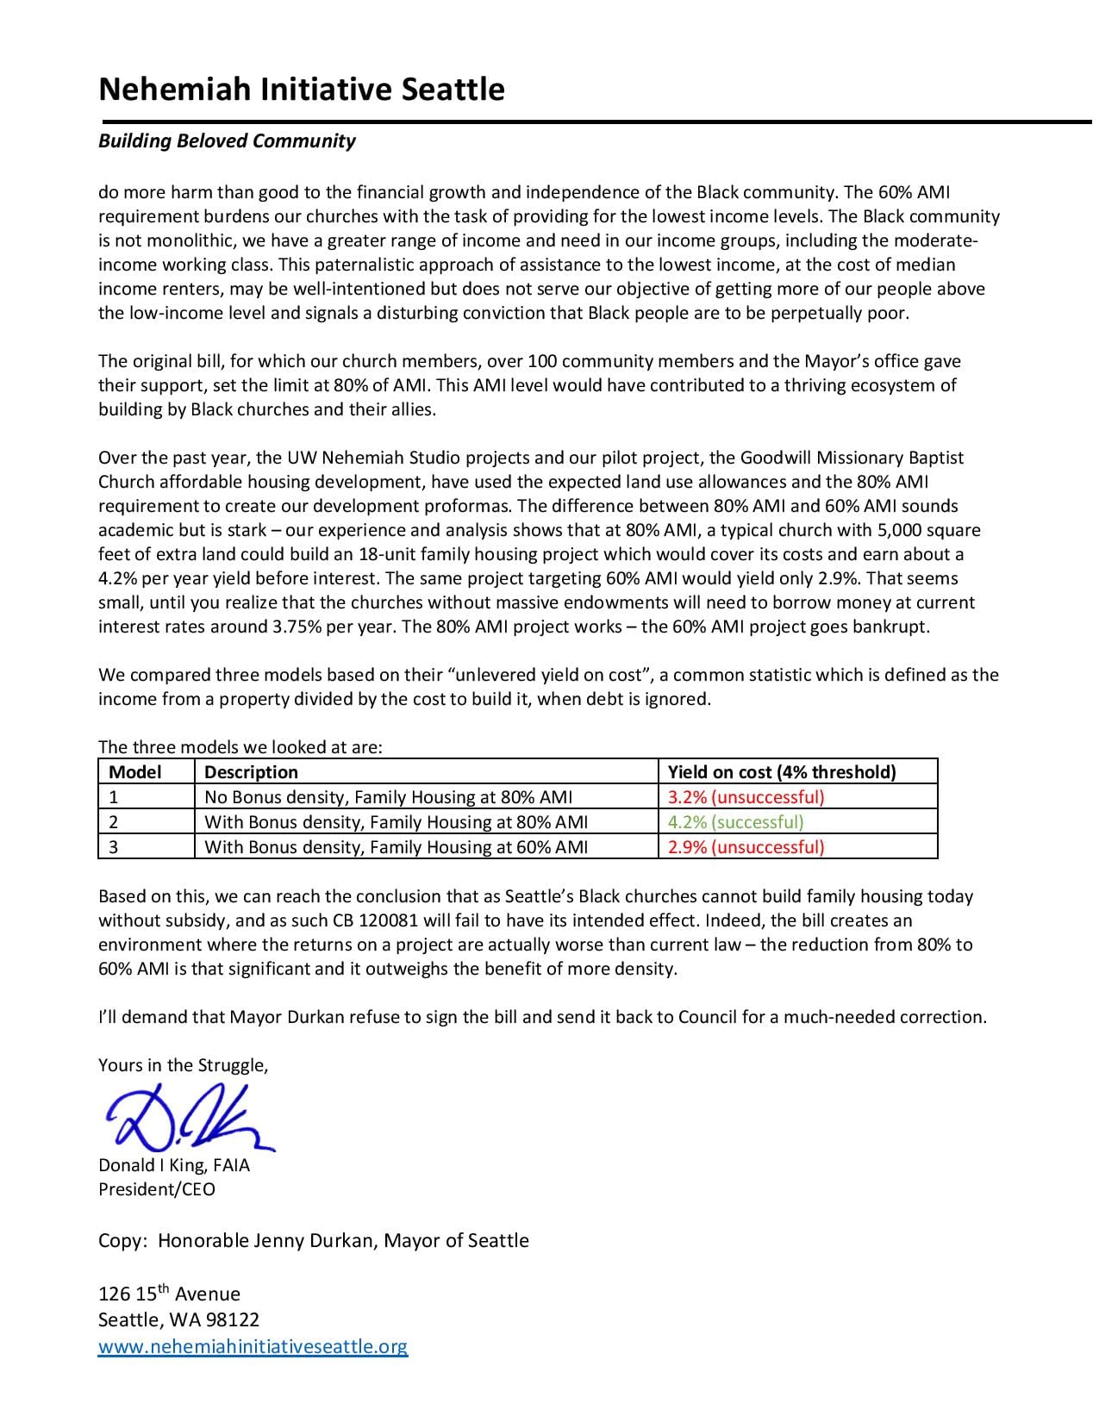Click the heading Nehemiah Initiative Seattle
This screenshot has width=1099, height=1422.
click(x=301, y=89)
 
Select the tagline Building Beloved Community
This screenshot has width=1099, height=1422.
click(x=227, y=140)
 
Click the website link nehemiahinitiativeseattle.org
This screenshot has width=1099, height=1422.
click(x=253, y=1346)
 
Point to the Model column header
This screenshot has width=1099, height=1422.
click(x=135, y=771)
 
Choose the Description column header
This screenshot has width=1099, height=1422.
click(x=252, y=771)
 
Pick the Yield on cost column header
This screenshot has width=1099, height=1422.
click(x=782, y=771)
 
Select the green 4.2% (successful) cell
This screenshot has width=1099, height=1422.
click(x=735, y=821)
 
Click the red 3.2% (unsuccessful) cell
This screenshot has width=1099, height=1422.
click(x=746, y=796)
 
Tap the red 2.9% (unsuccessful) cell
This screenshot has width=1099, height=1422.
click(x=746, y=846)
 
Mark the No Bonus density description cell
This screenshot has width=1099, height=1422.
click(x=388, y=796)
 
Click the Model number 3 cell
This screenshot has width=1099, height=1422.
click(x=114, y=846)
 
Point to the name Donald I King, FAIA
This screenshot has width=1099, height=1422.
click(x=174, y=1165)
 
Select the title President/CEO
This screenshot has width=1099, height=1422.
click(x=157, y=1189)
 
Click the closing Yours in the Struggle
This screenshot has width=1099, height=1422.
click(x=183, y=1065)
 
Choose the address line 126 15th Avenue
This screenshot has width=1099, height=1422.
click(x=169, y=1294)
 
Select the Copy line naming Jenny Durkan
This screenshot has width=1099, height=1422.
click(x=313, y=1240)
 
